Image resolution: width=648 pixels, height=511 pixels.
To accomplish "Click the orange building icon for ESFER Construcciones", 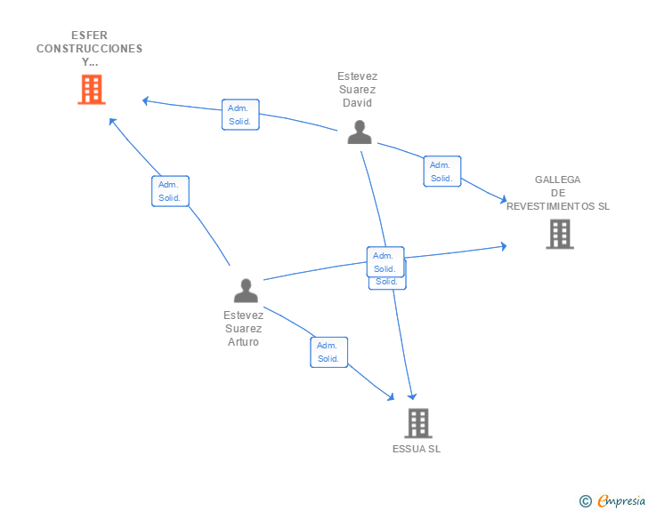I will point(92,89).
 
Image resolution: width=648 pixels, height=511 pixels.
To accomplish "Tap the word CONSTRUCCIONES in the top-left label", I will point(89,49).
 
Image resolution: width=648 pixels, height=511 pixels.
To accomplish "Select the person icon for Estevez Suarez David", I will point(360,132).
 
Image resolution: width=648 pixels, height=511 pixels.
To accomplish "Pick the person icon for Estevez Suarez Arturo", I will point(246,290).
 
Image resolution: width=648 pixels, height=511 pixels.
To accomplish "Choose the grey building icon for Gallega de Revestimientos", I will point(559,234).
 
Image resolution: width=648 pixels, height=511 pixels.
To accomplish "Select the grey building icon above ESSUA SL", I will point(418,423).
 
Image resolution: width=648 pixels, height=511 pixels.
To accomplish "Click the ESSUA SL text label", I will point(417,449).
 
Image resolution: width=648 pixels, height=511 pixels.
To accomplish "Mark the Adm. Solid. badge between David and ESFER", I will point(240,115).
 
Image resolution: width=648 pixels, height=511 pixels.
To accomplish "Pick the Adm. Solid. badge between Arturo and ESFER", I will point(170,191).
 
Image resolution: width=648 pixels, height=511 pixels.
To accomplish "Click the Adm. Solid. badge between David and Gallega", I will point(441,172).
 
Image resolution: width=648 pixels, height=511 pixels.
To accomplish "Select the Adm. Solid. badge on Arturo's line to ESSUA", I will point(328,352).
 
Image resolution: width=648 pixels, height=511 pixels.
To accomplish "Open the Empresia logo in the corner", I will point(621,501).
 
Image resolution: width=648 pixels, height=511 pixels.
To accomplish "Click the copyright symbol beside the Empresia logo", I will point(586,502).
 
